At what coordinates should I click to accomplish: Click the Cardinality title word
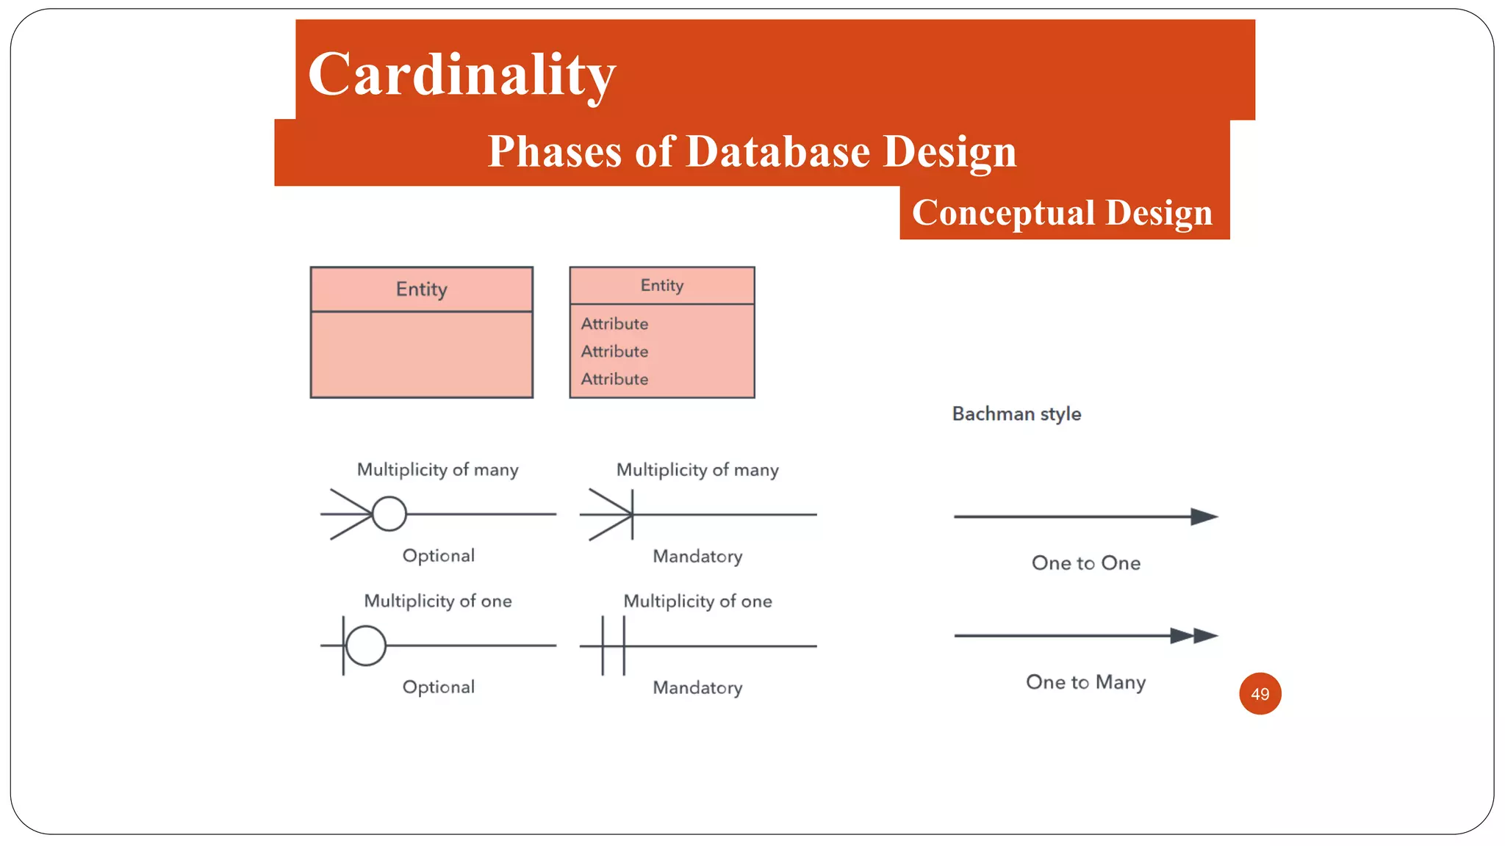[x=461, y=75]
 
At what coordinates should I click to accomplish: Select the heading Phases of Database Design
[x=752, y=151]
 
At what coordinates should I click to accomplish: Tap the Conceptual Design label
[x=1062, y=213]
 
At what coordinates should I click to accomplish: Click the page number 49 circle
[x=1260, y=693]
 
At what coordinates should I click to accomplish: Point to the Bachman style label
[x=1016, y=414]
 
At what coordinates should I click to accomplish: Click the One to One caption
[x=1085, y=563]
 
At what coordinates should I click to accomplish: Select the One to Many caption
[x=1085, y=682]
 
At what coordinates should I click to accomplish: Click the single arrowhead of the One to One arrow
[x=1203, y=517]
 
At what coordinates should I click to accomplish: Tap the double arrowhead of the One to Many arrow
[x=1193, y=636]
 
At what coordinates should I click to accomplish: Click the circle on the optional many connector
[x=389, y=514]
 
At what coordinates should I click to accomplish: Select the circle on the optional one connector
[x=365, y=646]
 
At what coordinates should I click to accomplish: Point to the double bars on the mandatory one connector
[x=614, y=646]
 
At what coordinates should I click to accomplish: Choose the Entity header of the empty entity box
[x=421, y=289]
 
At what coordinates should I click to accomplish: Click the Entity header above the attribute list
[x=661, y=286]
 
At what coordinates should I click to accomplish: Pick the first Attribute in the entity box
[x=614, y=324]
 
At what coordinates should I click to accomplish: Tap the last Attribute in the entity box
[x=614, y=380]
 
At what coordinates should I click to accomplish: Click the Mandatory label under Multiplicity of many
[x=697, y=557]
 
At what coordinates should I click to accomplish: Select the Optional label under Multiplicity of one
[x=438, y=687]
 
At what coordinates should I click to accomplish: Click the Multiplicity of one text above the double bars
[x=697, y=601]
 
